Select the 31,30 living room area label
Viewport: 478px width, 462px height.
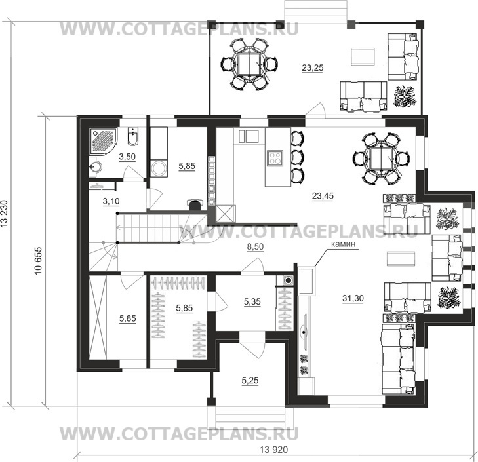click(353, 298)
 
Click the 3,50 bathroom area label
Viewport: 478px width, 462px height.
click(126, 157)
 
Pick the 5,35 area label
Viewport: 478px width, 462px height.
click(252, 301)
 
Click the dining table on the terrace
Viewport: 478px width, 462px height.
click(247, 64)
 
